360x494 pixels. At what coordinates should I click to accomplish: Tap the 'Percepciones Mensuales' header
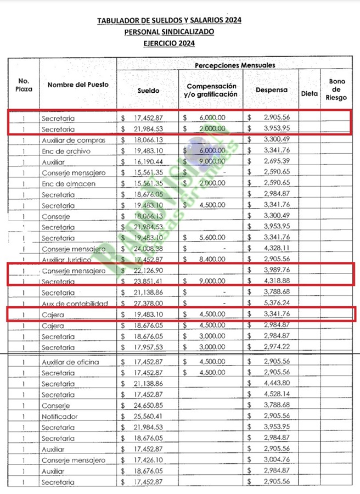[235, 65]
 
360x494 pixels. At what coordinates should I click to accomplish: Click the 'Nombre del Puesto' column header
[78, 85]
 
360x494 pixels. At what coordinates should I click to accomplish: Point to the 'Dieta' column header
[310, 93]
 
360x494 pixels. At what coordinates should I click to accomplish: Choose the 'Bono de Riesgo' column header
[337, 89]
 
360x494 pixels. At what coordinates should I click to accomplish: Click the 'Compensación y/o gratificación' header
[211, 90]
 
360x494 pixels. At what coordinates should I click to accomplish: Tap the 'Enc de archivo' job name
[66, 151]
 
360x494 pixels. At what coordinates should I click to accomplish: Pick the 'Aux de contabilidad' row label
[74, 304]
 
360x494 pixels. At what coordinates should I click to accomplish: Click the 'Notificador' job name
[60, 417]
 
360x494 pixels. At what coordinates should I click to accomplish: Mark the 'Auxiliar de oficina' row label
[70, 362]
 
